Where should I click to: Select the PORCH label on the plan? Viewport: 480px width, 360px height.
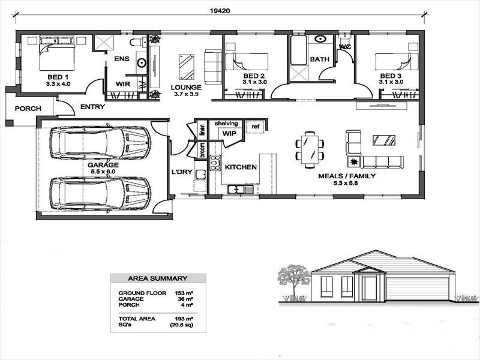[28, 109]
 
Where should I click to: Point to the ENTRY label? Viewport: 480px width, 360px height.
[92, 107]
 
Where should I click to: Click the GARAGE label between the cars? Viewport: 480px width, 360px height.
[103, 164]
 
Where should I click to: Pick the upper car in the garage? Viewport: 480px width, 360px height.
[100, 142]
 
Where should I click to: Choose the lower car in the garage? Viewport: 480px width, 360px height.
[100, 193]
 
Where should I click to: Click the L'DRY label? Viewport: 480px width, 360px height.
[182, 173]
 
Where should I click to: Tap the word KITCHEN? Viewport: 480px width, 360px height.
[241, 167]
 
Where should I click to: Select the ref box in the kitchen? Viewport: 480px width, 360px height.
[255, 127]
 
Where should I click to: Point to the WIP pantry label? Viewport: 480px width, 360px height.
[229, 133]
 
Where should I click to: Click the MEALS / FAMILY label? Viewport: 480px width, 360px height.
[347, 176]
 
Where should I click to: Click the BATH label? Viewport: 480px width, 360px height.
[319, 59]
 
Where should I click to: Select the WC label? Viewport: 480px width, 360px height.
[344, 46]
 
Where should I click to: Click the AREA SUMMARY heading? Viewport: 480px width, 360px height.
[158, 278]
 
